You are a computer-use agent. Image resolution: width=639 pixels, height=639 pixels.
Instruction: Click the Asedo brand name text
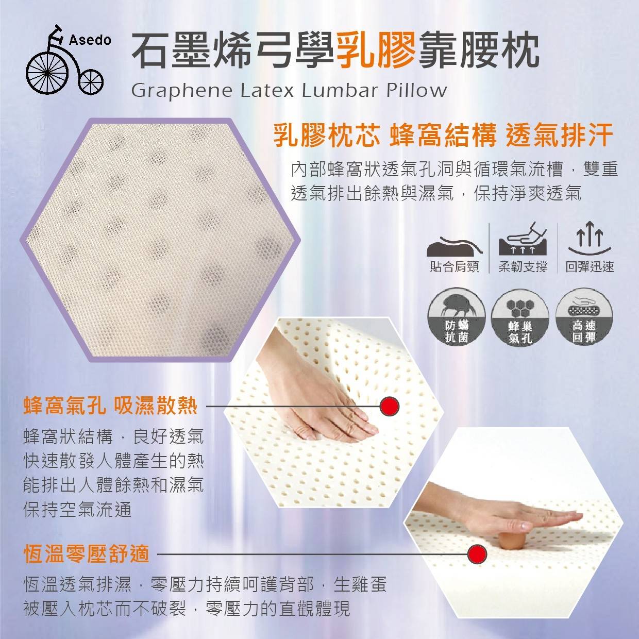[90, 41]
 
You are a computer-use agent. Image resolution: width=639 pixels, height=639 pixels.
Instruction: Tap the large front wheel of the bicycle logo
[48, 73]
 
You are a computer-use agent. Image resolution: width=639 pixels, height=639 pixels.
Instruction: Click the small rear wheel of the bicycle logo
[91, 81]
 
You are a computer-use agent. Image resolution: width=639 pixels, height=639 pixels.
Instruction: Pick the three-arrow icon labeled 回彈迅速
[590, 239]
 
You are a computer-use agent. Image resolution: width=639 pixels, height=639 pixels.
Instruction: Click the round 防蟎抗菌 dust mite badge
[457, 317]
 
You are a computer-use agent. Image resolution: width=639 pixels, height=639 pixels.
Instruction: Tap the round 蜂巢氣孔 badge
[520, 317]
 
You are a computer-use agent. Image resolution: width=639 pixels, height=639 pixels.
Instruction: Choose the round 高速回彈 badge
[584, 317]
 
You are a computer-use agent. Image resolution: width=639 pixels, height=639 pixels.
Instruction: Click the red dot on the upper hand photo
[390, 406]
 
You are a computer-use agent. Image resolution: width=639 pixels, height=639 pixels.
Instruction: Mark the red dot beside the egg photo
[477, 554]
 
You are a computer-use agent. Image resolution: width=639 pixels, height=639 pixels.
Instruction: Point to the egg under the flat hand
[509, 543]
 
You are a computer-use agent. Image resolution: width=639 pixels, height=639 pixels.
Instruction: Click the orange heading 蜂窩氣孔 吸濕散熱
[110, 406]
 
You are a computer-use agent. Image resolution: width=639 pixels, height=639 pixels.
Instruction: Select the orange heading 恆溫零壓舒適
[86, 553]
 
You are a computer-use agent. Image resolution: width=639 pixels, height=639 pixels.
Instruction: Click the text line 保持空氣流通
[78, 509]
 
